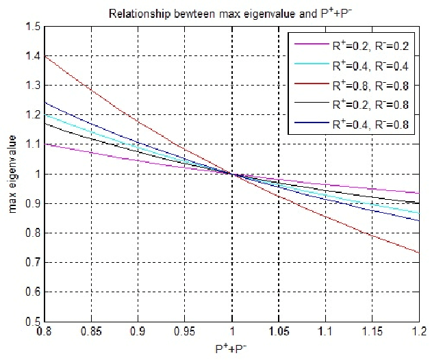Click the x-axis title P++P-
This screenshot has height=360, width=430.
pyautogui.click(x=231, y=350)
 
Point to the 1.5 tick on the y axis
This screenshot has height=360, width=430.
pyautogui.click(x=31, y=27)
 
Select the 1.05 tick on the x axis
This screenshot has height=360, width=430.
pyautogui.click(x=278, y=331)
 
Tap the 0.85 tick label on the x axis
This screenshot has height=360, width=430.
pyautogui.click(x=90, y=331)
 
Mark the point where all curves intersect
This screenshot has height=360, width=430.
pyautogui.click(x=231, y=174)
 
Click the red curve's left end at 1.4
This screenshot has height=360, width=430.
pyautogui.click(x=45, y=56)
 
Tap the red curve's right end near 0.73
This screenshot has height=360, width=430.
pyautogui.click(x=418, y=253)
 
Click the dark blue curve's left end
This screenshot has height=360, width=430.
pyautogui.click(x=45, y=103)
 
